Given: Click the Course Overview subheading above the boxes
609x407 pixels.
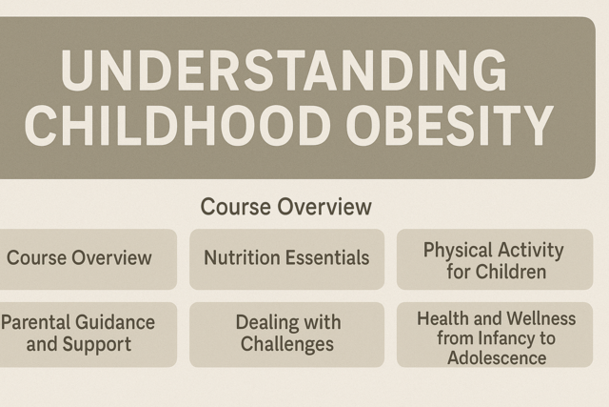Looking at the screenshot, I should pyautogui.click(x=285, y=207).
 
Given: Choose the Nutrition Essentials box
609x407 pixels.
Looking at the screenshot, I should pyautogui.click(x=286, y=258).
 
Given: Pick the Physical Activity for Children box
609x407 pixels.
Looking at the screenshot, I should pyautogui.click(x=493, y=260).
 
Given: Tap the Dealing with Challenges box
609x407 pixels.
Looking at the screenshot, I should pyautogui.click(x=286, y=334).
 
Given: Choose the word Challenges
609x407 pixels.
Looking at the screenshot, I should pyautogui.click(x=286, y=344).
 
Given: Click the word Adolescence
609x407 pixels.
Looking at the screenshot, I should pyautogui.click(x=496, y=357).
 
